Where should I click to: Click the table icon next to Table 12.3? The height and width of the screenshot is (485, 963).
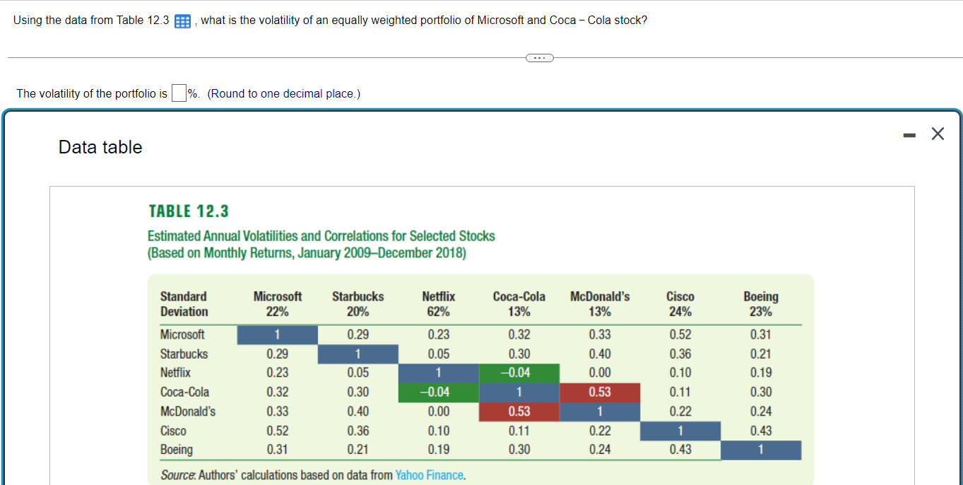pyautogui.click(x=182, y=21)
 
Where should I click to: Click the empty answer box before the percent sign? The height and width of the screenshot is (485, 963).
pyautogui.click(x=179, y=93)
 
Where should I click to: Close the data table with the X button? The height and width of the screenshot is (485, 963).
pyautogui.click(x=937, y=134)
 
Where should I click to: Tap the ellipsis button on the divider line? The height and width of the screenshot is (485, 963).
pyautogui.click(x=540, y=57)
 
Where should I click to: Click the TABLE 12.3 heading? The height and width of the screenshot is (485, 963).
pyautogui.click(x=189, y=211)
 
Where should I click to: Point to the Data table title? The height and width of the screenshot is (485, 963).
pyautogui.click(x=100, y=147)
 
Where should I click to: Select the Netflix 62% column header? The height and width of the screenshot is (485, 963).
pyautogui.click(x=438, y=304)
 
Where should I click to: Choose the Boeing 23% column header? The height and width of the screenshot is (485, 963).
pyautogui.click(x=760, y=304)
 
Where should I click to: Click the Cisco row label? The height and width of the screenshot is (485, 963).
pyautogui.click(x=173, y=431)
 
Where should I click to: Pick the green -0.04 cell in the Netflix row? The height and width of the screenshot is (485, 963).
pyautogui.click(x=519, y=373)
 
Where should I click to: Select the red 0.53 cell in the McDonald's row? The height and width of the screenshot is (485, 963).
pyautogui.click(x=519, y=411)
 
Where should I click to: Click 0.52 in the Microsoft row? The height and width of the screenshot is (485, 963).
pyautogui.click(x=680, y=334)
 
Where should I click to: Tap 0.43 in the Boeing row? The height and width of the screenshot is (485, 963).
pyautogui.click(x=680, y=450)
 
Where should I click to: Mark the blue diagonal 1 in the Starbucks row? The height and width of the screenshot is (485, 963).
pyautogui.click(x=358, y=353)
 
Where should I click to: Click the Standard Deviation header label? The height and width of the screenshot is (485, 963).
pyautogui.click(x=184, y=304)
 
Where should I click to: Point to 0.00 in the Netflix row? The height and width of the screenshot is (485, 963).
pyautogui.click(x=600, y=373)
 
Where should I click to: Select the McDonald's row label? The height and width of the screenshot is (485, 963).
pyautogui.click(x=188, y=411)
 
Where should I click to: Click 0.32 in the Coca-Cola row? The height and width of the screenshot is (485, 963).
pyautogui.click(x=277, y=392)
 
